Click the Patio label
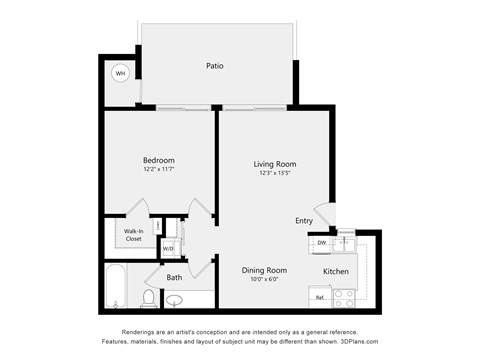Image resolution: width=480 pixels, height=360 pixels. tap(215, 66)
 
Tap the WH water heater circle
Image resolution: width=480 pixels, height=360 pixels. tap(120, 73)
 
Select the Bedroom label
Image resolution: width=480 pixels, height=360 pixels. tap(158, 160)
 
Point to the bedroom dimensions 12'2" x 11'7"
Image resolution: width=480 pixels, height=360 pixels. tap(158, 169)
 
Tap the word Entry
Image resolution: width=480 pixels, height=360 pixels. tap(304, 220)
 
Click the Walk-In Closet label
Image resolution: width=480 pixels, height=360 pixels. tap(133, 235)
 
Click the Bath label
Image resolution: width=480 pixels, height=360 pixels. tap(174, 277)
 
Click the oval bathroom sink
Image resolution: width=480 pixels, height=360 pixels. tap(175, 300)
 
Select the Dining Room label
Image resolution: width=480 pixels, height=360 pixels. tap(265, 270)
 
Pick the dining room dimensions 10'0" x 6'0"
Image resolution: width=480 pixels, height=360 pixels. tap(265, 279)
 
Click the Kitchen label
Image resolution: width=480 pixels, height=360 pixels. tap(335, 271)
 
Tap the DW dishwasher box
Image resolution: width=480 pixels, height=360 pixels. tap(322, 243)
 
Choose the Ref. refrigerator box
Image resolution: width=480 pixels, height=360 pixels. tap(321, 298)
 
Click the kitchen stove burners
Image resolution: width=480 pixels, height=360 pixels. tap(345, 296)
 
